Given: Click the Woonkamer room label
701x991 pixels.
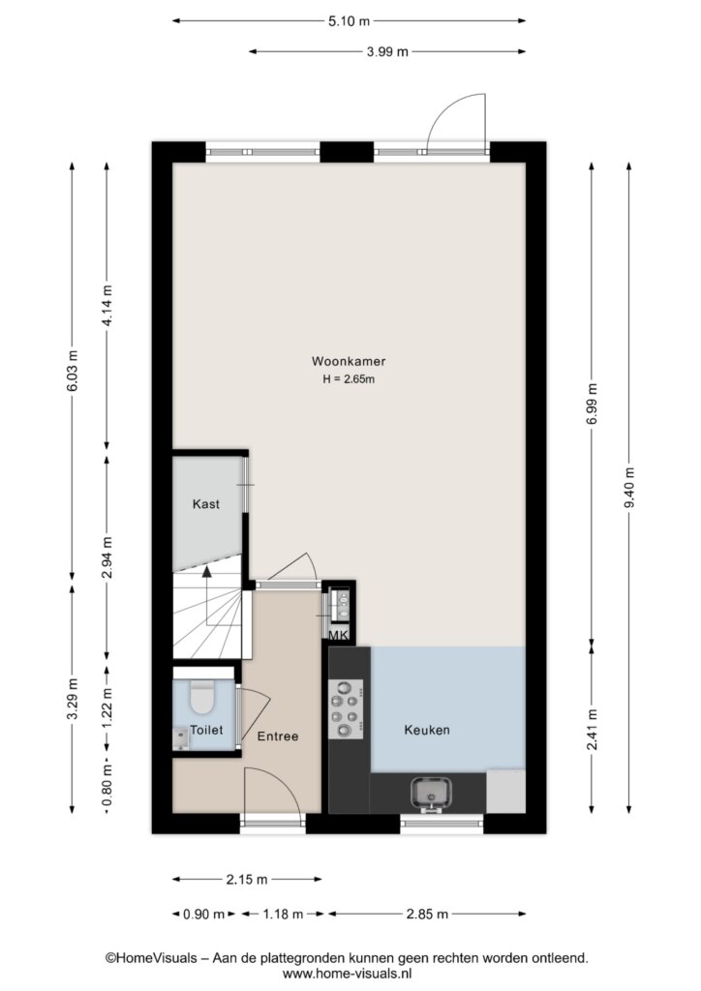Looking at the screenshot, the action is tap(349, 362).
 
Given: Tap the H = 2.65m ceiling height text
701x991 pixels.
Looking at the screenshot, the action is tap(349, 379).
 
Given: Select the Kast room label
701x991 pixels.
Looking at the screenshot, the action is tap(206, 503).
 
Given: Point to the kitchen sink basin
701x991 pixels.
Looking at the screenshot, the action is tap(431, 793).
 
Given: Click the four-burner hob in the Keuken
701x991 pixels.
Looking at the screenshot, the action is tap(346, 709).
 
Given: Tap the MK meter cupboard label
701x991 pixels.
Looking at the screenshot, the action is tap(338, 635).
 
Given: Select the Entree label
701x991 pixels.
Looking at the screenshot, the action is tap(278, 736).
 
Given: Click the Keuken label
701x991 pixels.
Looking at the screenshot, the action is tap(427, 730).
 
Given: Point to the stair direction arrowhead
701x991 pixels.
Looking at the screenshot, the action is tap(206, 572).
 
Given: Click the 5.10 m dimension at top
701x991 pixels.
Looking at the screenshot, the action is tap(349, 21).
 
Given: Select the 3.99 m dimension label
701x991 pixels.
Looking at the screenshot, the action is tap(387, 52).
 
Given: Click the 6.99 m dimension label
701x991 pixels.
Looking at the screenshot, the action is tap(593, 405).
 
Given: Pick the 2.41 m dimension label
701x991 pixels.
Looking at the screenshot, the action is tap(593, 730).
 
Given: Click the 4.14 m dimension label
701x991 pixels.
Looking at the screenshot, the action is tap(107, 305).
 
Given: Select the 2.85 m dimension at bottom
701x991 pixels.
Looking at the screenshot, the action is tap(427, 914).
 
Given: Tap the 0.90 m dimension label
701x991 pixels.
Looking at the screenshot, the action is tap(203, 914).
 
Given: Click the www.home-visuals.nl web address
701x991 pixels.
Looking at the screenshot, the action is tap(347, 974).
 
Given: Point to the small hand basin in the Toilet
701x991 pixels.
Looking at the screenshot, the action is tap(181, 738).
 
